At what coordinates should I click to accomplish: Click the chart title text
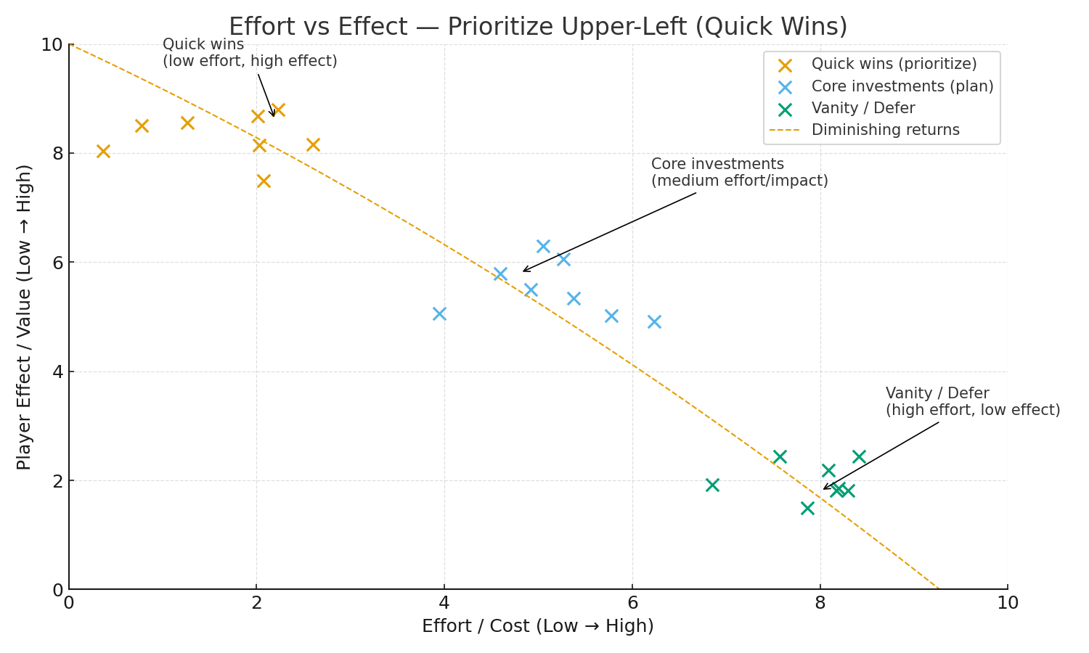pyautogui.click(x=538, y=27)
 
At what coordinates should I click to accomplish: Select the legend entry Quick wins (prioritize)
pyautogui.click(x=894, y=65)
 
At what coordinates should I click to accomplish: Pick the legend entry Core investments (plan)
pyautogui.click(x=902, y=86)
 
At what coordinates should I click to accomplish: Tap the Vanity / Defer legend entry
pyautogui.click(x=862, y=108)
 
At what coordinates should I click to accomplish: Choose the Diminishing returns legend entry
pyautogui.click(x=885, y=130)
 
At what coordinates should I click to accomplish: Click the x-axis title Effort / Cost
pyautogui.click(x=538, y=626)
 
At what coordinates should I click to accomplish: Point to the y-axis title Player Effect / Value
pyautogui.click(x=24, y=317)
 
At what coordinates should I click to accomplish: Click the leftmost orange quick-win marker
pyautogui.click(x=103, y=151)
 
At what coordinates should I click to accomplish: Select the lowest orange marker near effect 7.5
pyautogui.click(x=264, y=181)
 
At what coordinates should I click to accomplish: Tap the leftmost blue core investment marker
pyautogui.click(x=439, y=313)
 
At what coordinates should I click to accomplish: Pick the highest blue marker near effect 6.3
pyautogui.click(x=543, y=246)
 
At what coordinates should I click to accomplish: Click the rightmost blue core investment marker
pyautogui.click(x=654, y=321)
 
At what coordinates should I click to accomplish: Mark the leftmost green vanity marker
pyautogui.click(x=712, y=485)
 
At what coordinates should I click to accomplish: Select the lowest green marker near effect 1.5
pyautogui.click(x=807, y=508)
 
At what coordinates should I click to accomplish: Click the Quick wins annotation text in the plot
pyautogui.click(x=250, y=53)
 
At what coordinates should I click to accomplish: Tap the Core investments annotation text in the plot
pyautogui.click(x=739, y=173)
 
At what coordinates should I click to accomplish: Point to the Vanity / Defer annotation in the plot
pyautogui.click(x=972, y=402)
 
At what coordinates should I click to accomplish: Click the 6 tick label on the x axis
pyautogui.click(x=632, y=603)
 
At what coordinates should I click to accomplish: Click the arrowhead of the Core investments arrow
pyautogui.click(x=524, y=271)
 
